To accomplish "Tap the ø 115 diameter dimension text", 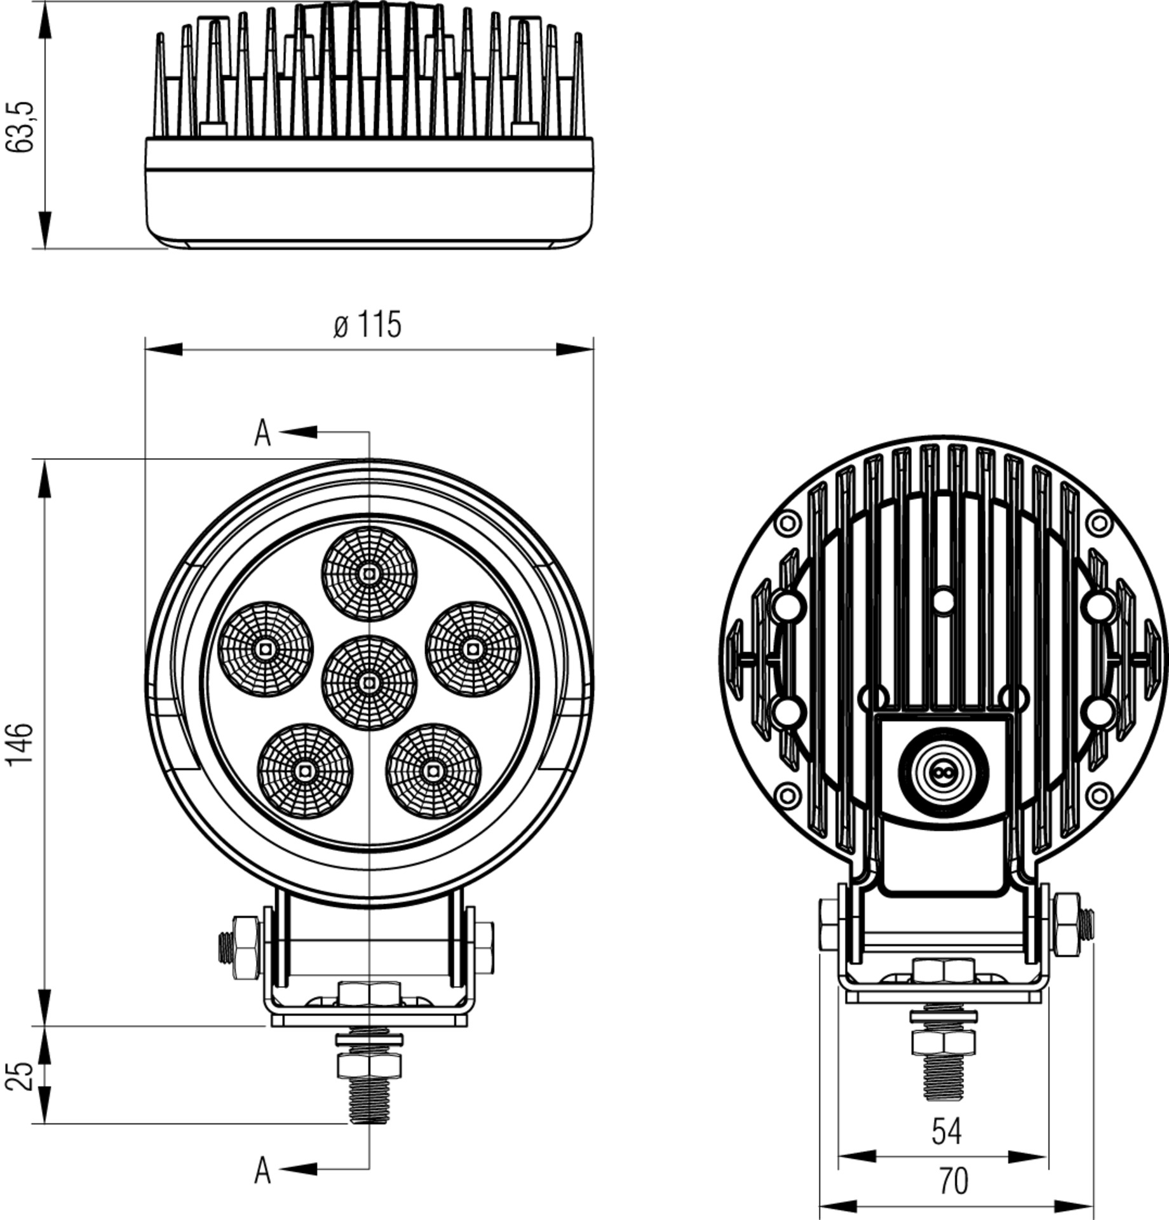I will (x=367, y=325).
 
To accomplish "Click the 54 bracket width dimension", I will (x=946, y=1132).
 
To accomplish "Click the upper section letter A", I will (x=262, y=433).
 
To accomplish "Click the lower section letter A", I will (x=262, y=1170).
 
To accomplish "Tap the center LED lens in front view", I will (x=369, y=682).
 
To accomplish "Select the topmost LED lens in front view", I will (x=369, y=574).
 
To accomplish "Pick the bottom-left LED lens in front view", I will (x=304, y=771).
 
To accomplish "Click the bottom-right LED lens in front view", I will (x=433, y=771).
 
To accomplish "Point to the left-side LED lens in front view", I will (x=266, y=649).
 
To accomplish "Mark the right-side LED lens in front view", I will (x=473, y=649).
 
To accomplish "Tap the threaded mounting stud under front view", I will (x=369, y=1100).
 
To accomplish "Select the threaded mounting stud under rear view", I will (x=943, y=1077).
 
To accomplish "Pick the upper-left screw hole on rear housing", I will (x=788, y=524).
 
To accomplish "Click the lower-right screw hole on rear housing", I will (x=1100, y=795).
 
